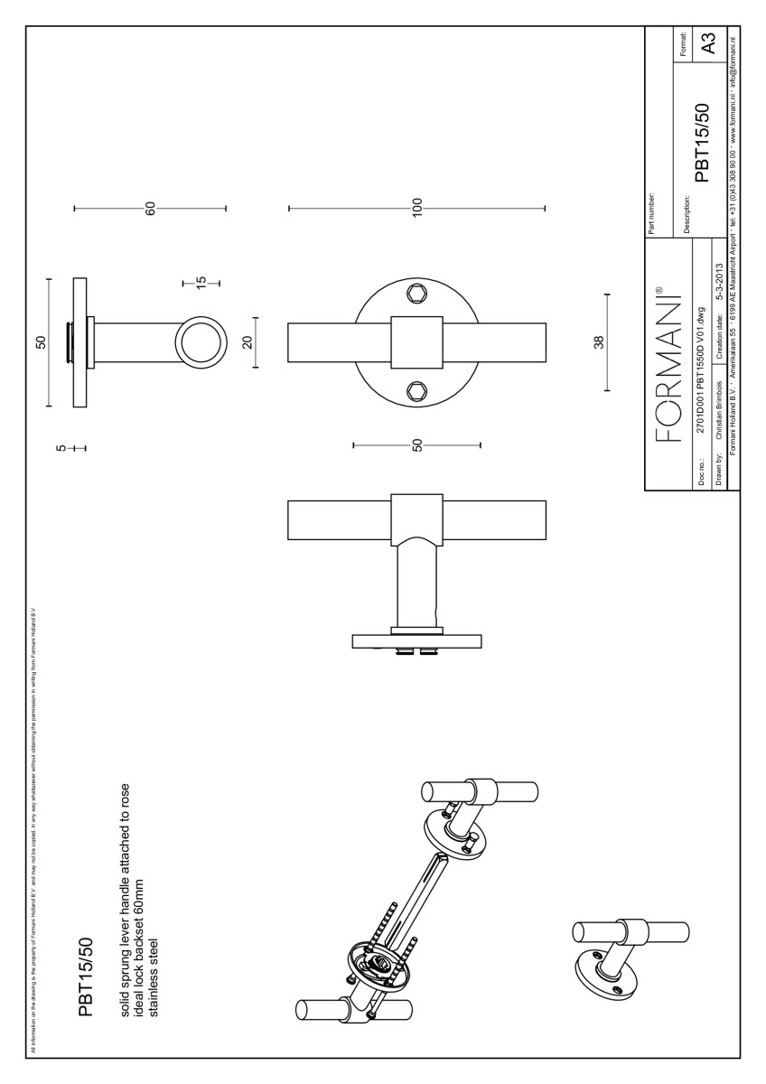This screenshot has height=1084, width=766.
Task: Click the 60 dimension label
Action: point(151,209)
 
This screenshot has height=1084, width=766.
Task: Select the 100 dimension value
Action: point(417,209)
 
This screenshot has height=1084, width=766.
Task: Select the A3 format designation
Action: point(710,42)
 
